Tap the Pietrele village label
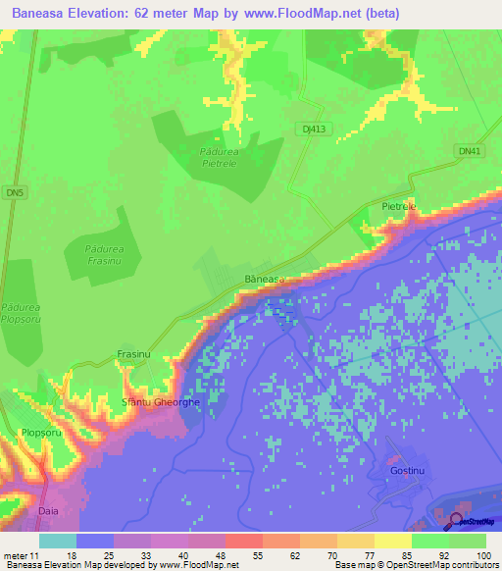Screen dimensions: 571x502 click(x=398, y=207)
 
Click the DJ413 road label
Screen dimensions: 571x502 click(x=309, y=128)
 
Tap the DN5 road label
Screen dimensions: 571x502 click(x=12, y=190)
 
